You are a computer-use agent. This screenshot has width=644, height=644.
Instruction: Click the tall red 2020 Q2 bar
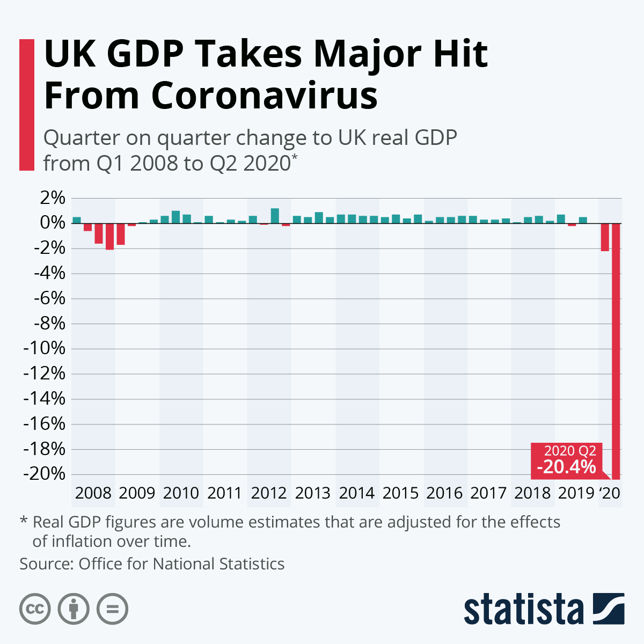pos(616,349)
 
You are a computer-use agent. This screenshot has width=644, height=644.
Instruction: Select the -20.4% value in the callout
pos(566,467)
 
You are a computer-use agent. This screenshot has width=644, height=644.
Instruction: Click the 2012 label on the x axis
pos(269,493)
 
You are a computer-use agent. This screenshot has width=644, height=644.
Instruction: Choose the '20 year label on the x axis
pos(610,493)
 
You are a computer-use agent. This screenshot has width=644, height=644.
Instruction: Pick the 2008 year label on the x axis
pos(93,493)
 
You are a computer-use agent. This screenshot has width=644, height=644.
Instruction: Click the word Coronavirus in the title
pos(264,96)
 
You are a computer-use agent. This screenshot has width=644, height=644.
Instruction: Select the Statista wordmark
pos(523,610)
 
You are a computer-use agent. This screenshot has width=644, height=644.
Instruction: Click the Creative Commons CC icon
pos(35,610)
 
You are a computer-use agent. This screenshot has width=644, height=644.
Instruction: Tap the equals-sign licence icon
pos(113,610)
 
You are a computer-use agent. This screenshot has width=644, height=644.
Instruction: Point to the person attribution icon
pos(74,610)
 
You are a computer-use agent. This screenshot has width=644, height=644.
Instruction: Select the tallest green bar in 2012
pos(275,216)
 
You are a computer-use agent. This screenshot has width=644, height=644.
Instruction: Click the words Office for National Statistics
pos(181,564)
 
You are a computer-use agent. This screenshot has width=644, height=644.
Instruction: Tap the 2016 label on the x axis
pos(444,493)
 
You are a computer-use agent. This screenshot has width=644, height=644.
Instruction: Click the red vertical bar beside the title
pos(27,105)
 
